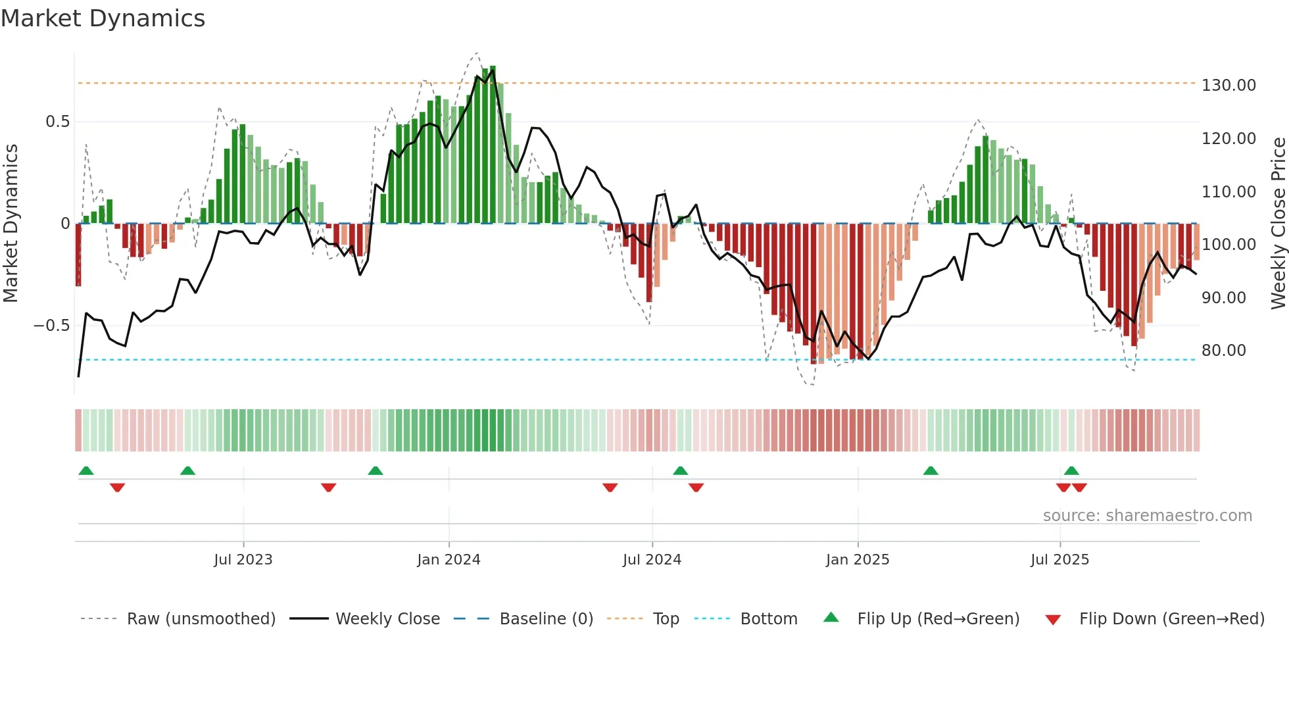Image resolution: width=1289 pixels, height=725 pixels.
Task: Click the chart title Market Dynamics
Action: (103, 18)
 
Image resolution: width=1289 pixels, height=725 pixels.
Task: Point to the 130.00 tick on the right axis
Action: (1228, 86)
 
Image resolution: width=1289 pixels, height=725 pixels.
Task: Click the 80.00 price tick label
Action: (1223, 351)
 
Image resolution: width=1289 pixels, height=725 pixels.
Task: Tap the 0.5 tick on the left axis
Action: (57, 122)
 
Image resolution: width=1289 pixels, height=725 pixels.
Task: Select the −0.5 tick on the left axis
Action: (51, 326)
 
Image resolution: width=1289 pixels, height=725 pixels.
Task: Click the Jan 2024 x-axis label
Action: (449, 560)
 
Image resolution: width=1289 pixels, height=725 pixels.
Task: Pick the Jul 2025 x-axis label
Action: (1059, 560)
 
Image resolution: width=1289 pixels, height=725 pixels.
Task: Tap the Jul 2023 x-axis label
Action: (243, 560)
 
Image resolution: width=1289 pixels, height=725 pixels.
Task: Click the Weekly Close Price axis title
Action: (1278, 223)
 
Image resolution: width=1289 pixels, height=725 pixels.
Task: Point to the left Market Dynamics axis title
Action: (11, 223)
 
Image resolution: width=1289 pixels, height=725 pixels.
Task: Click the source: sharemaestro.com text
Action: (1147, 516)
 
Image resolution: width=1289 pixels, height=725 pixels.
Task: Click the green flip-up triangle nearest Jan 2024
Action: (376, 471)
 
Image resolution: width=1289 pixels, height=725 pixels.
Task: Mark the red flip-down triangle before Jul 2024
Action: (610, 488)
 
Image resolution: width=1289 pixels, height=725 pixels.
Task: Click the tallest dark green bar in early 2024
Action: (493, 145)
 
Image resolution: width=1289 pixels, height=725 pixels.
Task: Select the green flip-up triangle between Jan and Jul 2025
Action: (931, 471)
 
